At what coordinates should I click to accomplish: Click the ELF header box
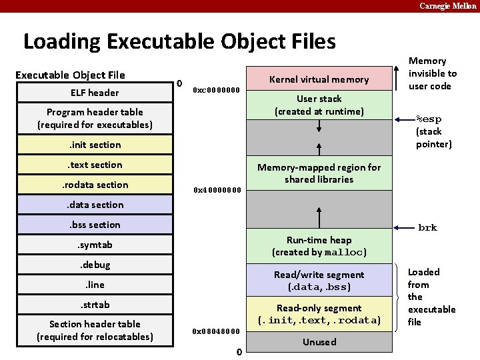pos(95,93)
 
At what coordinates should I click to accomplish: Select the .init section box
pos(95,145)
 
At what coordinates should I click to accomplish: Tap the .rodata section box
pos(95,185)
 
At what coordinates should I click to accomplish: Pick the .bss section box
pos(95,225)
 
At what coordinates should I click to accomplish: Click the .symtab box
pos(95,245)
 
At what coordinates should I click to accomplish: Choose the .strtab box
pos(95,305)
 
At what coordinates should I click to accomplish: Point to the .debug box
pos(95,265)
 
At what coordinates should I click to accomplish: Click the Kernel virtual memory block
pos(319,79)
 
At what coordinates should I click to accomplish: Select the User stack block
pos(319,105)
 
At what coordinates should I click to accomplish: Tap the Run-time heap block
pos(319,246)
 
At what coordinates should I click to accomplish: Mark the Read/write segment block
pos(319,281)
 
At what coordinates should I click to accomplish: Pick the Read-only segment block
pos(319,314)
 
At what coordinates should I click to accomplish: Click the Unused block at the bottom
pos(319,342)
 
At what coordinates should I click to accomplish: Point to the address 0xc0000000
pos(215,90)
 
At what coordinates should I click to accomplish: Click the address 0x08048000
pos(215,331)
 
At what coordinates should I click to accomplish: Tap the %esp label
pos(429,119)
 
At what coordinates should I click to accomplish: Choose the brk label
pos(427,227)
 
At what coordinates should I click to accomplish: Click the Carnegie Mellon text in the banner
pos(447,5)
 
